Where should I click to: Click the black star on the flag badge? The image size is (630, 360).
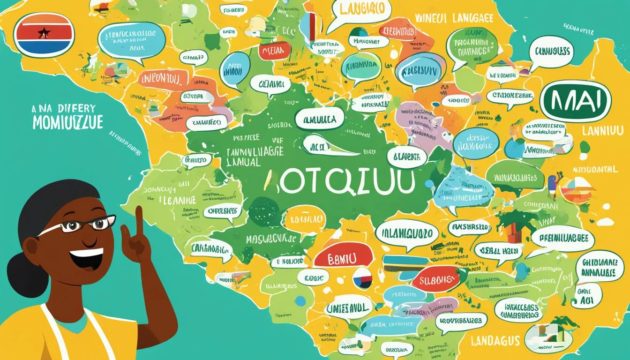click(44, 33)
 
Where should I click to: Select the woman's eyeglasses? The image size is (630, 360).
click(84, 225)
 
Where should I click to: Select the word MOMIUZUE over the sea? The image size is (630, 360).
click(67, 121)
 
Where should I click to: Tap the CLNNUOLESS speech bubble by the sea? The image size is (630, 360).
click(551, 52)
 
